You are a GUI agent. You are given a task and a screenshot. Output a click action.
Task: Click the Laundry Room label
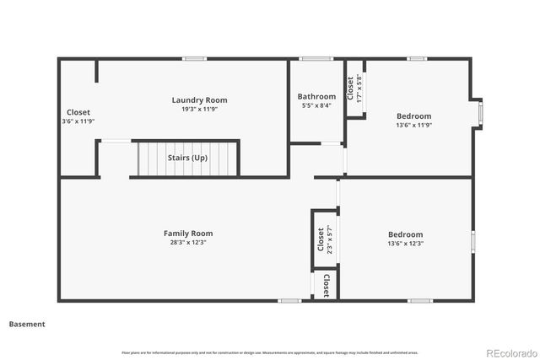coord(199,100)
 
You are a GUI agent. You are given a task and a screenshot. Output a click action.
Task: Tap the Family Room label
coord(188,234)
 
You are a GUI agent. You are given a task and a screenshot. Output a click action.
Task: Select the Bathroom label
coord(316,97)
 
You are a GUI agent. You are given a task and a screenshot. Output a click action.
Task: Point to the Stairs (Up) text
coord(187,158)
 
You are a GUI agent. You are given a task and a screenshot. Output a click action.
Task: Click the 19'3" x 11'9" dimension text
coord(199,110)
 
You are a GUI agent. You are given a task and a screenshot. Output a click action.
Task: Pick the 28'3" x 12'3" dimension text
coord(188,243)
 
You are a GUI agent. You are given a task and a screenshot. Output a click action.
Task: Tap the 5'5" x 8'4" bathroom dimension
coord(316,105)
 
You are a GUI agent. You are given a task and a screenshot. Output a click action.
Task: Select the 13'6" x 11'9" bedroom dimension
coord(413,126)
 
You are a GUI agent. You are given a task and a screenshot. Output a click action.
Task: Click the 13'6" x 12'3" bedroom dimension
coord(405,244)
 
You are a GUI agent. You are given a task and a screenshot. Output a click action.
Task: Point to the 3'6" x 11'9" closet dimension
coord(78,121)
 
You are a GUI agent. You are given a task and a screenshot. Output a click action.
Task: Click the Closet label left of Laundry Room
coord(78,112)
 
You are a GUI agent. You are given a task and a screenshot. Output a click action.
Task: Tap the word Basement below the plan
coord(27,324)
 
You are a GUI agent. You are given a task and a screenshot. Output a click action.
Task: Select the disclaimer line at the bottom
coord(270,352)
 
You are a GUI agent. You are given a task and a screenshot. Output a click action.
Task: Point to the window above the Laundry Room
coord(195,58)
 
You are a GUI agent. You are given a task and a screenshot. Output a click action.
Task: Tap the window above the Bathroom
coord(316,58)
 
